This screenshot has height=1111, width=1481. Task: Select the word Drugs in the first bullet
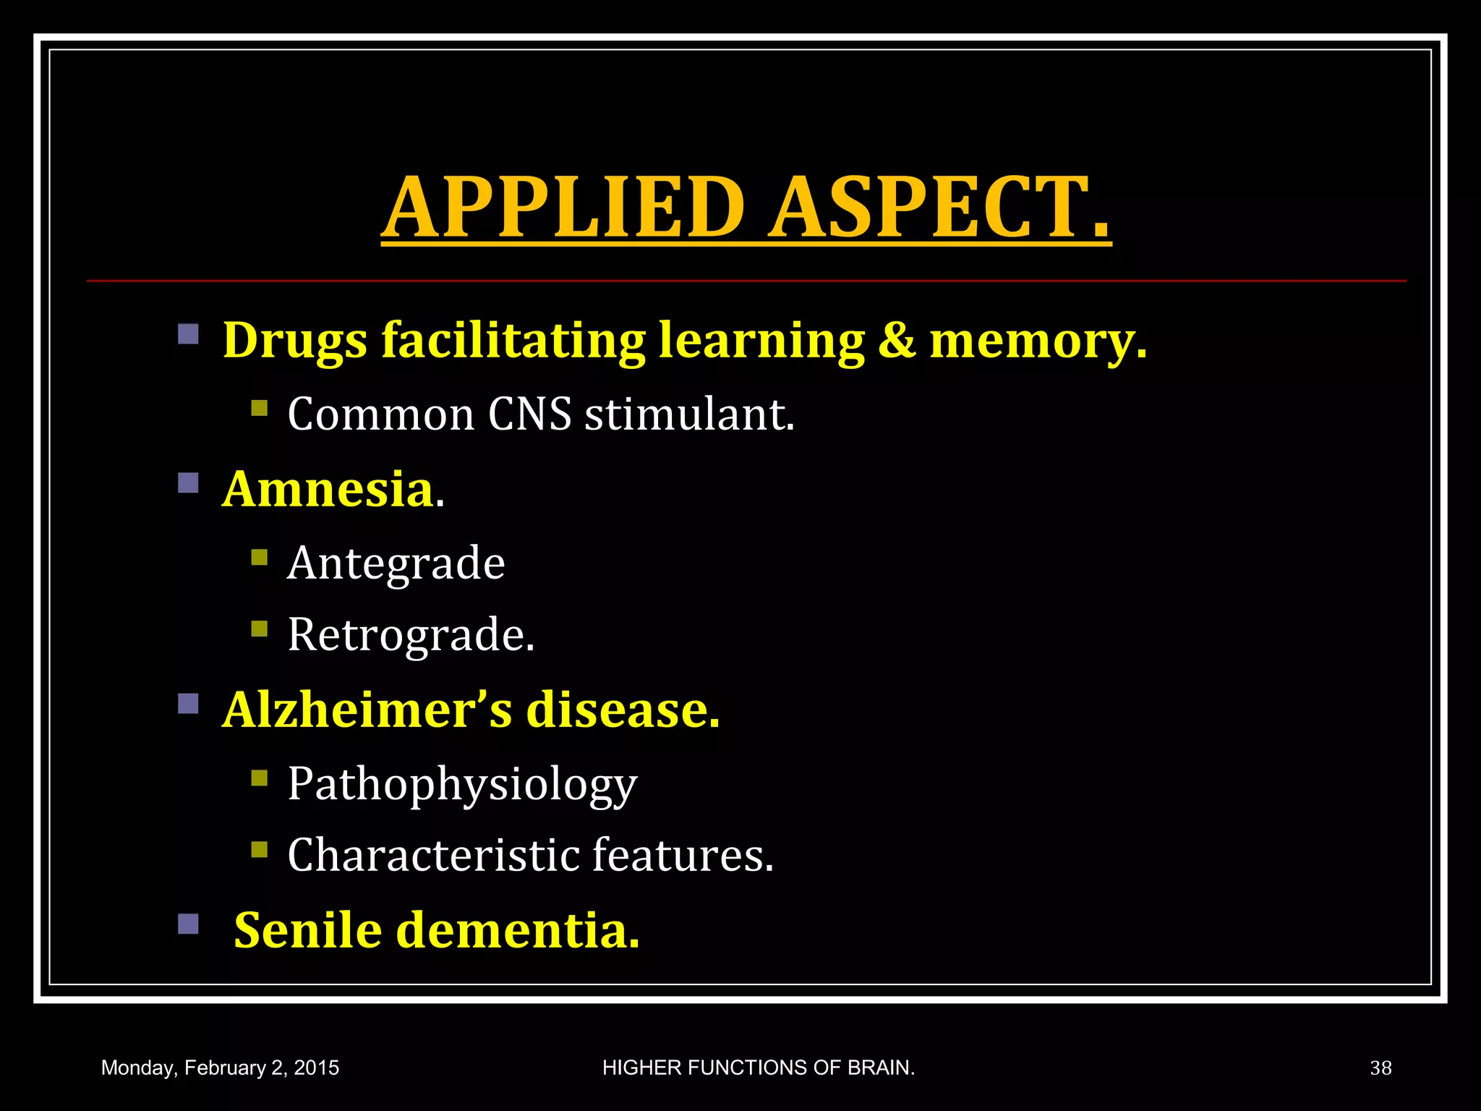point(294,341)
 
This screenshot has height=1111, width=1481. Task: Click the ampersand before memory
point(897,339)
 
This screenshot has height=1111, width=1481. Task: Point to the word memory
point(1037,341)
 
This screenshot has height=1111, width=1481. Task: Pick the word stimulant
point(689,414)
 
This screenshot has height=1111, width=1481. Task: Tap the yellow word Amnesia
point(328,489)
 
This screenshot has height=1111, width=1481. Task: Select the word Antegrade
point(396,563)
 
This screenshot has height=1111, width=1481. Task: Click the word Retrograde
point(410,635)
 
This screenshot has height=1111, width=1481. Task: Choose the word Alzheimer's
point(367,710)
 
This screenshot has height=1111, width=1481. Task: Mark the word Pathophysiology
point(462,785)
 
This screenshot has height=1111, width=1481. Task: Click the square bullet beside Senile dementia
point(188,924)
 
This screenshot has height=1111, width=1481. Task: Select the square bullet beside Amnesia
point(188,482)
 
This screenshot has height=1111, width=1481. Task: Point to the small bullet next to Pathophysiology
point(259,778)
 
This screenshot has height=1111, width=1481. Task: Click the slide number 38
point(1380,1068)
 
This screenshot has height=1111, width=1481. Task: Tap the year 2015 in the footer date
point(316,1068)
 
